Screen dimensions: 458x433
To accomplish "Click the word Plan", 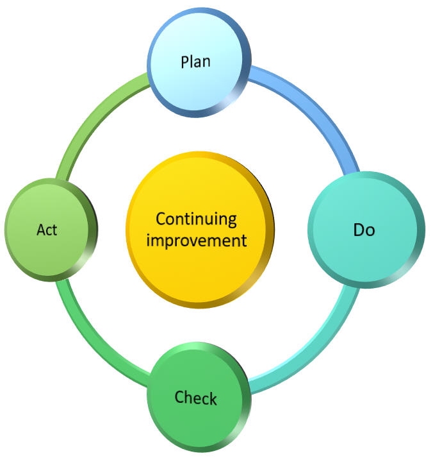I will tap(196, 62).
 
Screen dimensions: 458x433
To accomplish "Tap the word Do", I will tap(364, 230).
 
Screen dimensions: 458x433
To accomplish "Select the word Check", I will tap(196, 398).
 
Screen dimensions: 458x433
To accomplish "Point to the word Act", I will tap(47, 230).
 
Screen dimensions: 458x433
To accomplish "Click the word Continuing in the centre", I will tap(197, 219).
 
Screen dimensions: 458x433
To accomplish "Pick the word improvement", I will tap(197, 241).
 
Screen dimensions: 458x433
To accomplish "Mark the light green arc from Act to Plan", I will tap(90, 119).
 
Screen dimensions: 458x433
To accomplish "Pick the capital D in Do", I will tap(359, 230).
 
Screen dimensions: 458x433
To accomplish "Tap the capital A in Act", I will tap(40, 230).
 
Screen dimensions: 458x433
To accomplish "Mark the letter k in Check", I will tap(213, 398).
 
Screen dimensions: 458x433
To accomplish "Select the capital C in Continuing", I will tap(161, 219).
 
